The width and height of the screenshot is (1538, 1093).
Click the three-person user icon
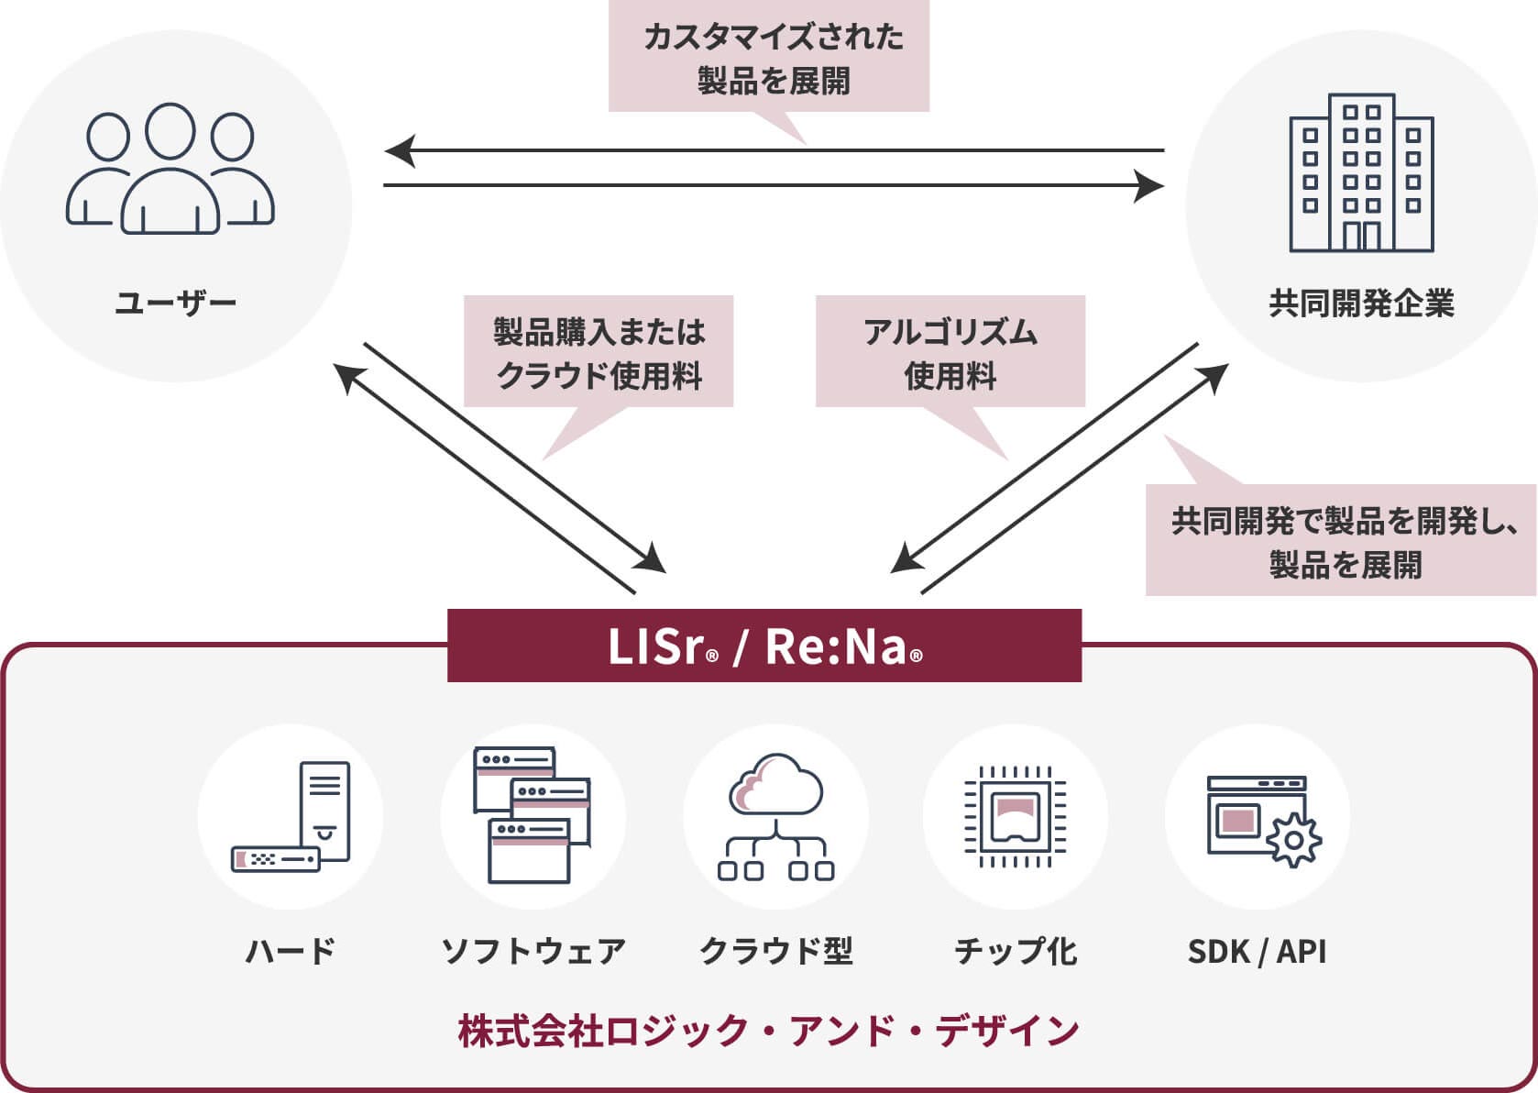pyautogui.click(x=170, y=169)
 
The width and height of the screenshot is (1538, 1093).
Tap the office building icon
pyautogui.click(x=1361, y=172)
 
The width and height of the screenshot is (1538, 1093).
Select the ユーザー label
pyautogui.click(x=176, y=304)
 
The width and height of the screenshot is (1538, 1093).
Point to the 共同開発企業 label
pyautogui.click(x=1361, y=304)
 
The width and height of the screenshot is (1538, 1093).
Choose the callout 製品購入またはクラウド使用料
pyautogui.click(x=599, y=352)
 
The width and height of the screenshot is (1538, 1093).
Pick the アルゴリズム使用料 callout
pyautogui.click(x=950, y=352)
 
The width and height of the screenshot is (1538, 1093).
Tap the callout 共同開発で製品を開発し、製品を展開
pyautogui.click(x=1342, y=541)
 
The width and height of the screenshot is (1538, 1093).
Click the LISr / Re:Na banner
pyautogui.click(x=764, y=646)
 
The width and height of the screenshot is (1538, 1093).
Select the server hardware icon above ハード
pyautogui.click(x=291, y=816)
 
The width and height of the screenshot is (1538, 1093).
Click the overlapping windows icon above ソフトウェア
pyautogui.click(x=533, y=816)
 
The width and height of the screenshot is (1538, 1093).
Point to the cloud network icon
pyautogui.click(x=775, y=816)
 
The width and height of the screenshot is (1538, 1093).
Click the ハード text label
pyautogui.click(x=291, y=951)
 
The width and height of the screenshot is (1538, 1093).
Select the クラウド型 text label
pyautogui.click(x=775, y=951)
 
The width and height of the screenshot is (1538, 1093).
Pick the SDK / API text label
pyautogui.click(x=1257, y=952)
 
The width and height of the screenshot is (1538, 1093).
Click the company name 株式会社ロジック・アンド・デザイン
pyautogui.click(x=768, y=1031)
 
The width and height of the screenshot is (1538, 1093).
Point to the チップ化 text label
pyautogui.click(x=1016, y=951)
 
